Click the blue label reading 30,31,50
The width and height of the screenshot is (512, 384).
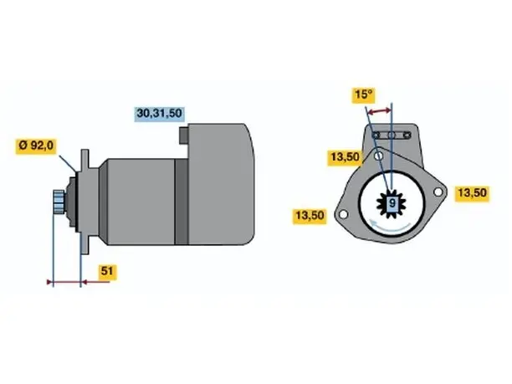159,114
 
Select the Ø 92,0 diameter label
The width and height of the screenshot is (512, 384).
36,146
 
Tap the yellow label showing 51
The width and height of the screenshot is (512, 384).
107,272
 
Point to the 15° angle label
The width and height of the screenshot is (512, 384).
363,95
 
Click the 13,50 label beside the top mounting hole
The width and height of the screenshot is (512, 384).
345,157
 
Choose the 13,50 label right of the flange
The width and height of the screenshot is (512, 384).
472,193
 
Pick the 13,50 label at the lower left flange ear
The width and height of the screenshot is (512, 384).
310,216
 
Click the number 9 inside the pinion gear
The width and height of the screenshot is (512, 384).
392,203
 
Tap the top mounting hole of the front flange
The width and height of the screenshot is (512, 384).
378,156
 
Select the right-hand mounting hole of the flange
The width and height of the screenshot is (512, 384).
438,192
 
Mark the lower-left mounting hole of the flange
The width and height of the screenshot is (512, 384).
343,214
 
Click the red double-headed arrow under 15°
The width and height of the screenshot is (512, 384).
379,111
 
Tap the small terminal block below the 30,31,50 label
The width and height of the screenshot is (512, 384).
184,136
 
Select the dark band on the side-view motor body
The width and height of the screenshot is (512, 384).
182,202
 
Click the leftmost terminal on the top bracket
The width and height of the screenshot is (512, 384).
376,135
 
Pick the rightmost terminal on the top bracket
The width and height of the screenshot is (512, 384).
407,135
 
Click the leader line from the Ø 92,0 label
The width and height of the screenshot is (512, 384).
67,163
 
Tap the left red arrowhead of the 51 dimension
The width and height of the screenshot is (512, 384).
50,282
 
